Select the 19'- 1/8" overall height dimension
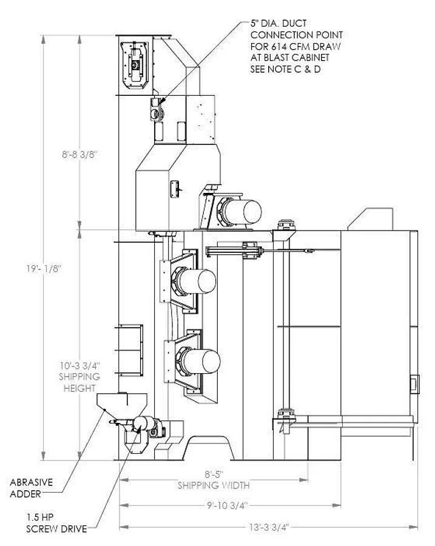(x=61, y=267)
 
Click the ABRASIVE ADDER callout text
(x=32, y=488)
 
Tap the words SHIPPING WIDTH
(x=213, y=485)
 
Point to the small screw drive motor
(x=146, y=425)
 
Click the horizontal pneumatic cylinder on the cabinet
(x=234, y=250)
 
